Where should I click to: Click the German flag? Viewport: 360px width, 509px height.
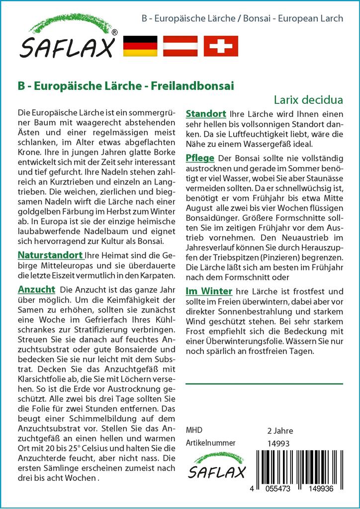(140, 46)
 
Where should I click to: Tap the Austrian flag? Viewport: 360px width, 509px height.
(180, 46)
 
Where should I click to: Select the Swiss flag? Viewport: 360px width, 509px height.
(221, 46)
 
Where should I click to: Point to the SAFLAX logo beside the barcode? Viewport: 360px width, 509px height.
(216, 466)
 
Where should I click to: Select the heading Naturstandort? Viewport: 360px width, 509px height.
(50, 255)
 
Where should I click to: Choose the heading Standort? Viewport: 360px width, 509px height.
(206, 114)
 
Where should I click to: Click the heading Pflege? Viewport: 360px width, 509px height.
(200, 158)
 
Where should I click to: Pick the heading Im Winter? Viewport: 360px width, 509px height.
(209, 291)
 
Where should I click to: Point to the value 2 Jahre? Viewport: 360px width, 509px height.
(280, 430)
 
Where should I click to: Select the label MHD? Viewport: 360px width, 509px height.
(194, 430)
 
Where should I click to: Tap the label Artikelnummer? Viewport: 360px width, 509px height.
(210, 443)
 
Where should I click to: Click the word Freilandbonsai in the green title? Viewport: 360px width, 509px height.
(200, 85)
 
